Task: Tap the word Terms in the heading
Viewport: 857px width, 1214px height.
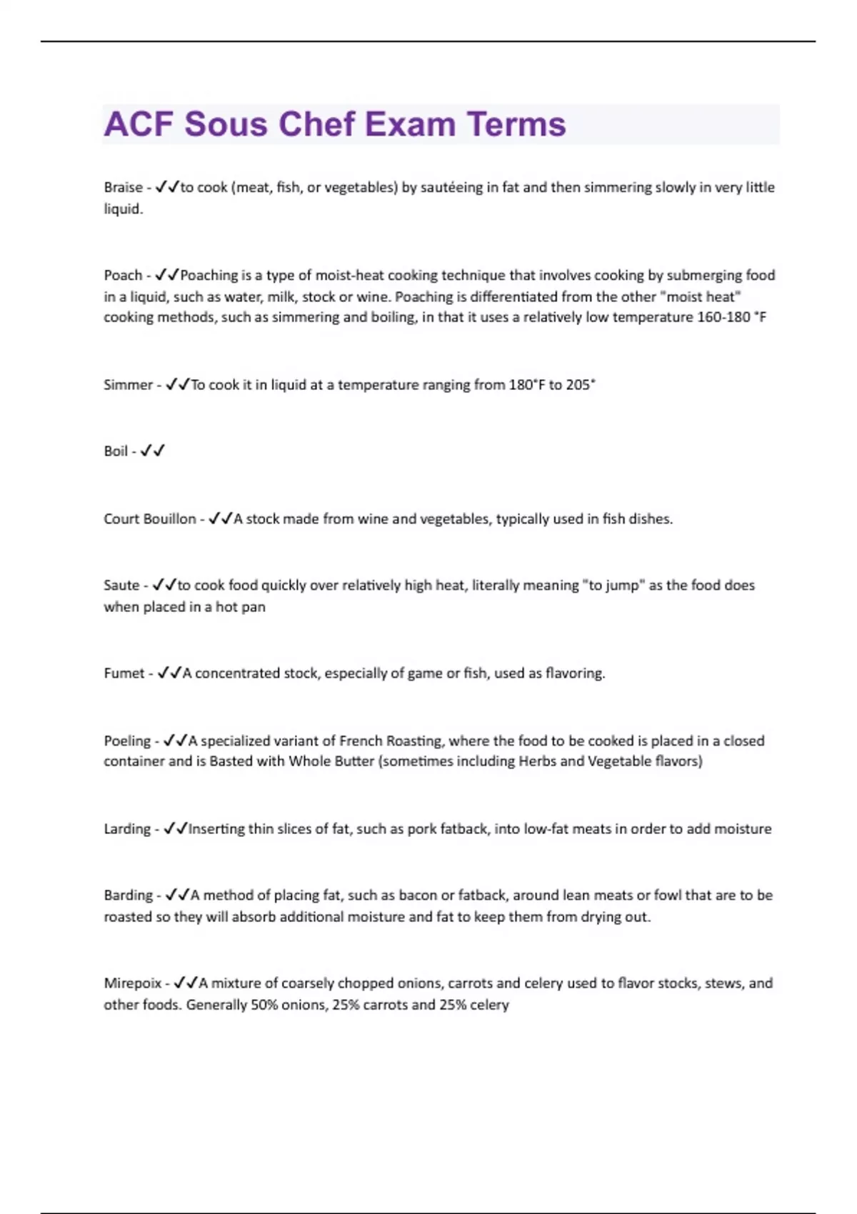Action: pos(516,124)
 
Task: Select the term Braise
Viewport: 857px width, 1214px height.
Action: pos(123,187)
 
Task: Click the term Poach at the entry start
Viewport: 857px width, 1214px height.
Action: pos(123,276)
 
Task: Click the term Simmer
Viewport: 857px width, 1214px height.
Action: pos(128,385)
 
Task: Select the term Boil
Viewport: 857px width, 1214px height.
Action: pos(116,451)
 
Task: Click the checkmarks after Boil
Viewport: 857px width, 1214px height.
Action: pos(153,451)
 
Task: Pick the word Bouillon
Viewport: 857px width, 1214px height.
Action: pos(170,519)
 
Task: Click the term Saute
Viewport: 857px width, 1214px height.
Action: pos(121,586)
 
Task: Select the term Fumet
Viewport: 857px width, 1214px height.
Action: pos(124,673)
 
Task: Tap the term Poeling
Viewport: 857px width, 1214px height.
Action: pos(127,741)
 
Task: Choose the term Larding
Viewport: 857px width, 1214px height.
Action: pos(127,829)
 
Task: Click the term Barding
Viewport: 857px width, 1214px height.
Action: pos(128,896)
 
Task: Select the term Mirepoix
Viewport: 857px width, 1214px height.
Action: pos(133,983)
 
